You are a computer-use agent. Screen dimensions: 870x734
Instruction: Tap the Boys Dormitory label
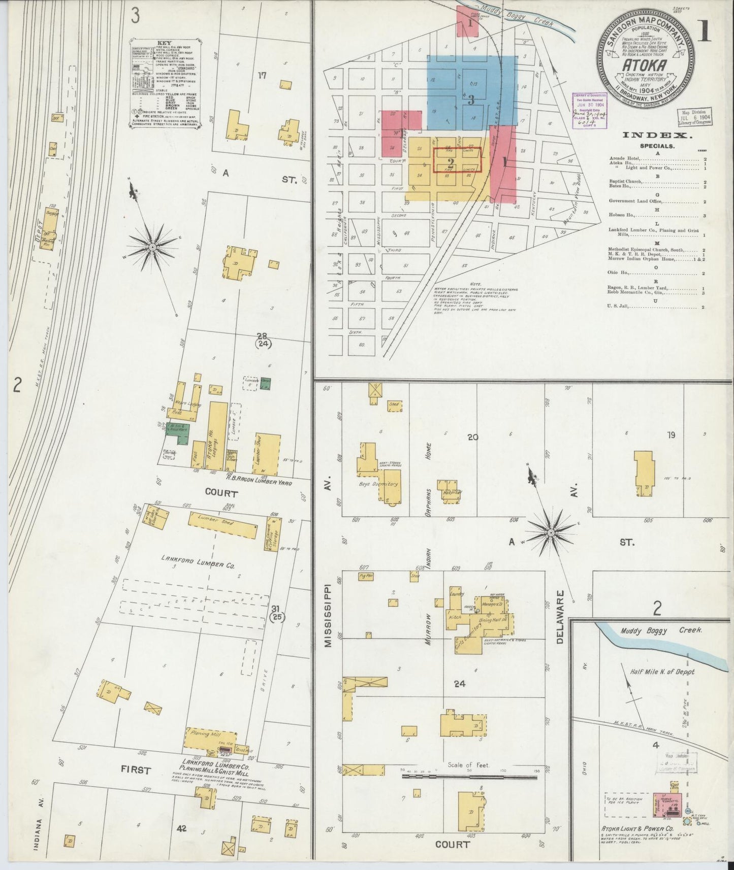click(379, 484)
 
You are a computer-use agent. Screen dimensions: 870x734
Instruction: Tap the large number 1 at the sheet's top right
click(704, 30)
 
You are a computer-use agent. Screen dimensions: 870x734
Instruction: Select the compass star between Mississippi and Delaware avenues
click(551, 532)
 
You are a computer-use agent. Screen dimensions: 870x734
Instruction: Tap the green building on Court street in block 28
click(176, 429)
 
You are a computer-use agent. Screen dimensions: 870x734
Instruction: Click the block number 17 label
click(262, 76)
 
